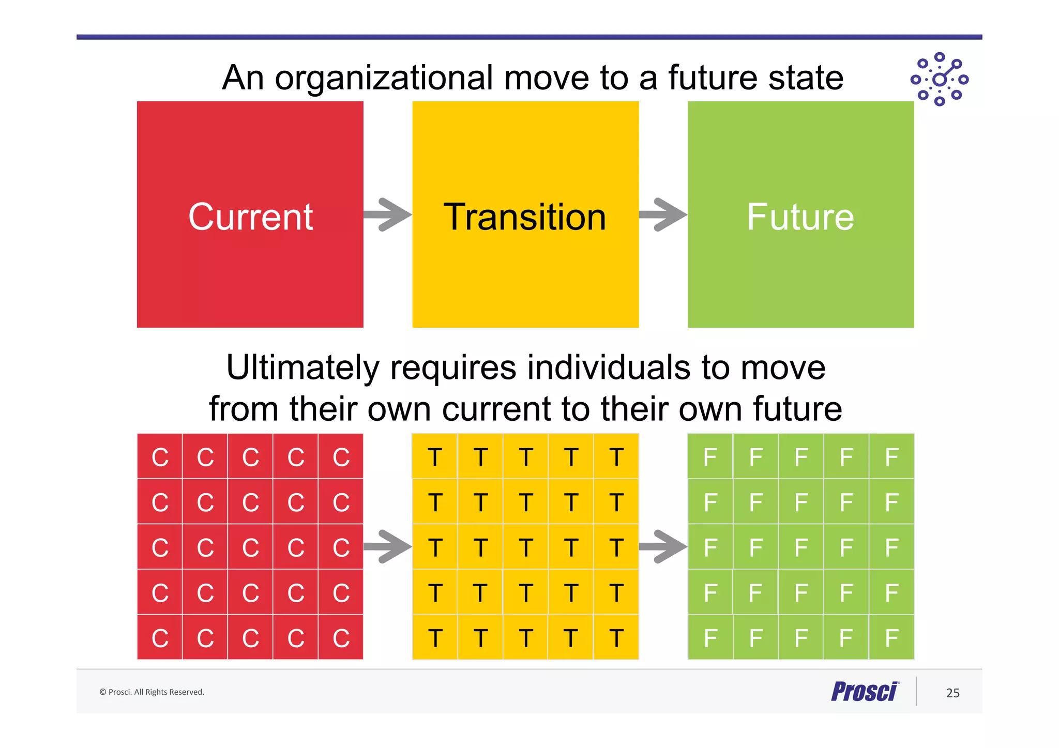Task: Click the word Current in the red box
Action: coord(250,217)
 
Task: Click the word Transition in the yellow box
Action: coord(525,217)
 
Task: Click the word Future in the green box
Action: coord(800,217)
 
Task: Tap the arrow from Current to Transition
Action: coord(388,214)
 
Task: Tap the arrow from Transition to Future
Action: coord(663,214)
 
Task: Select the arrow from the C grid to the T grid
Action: coord(388,546)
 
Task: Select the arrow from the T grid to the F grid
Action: coord(663,546)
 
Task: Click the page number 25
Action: coord(952,693)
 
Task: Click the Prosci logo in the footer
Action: coord(865,692)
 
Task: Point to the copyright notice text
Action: coord(152,692)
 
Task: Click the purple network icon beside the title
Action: coord(939,79)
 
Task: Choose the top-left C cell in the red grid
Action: coord(160,457)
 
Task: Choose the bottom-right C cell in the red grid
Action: coord(341,638)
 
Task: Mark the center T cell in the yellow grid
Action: coord(525,547)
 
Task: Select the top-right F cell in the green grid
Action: coord(891,457)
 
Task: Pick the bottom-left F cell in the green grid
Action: coord(710,638)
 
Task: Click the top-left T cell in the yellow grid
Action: coord(435,457)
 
